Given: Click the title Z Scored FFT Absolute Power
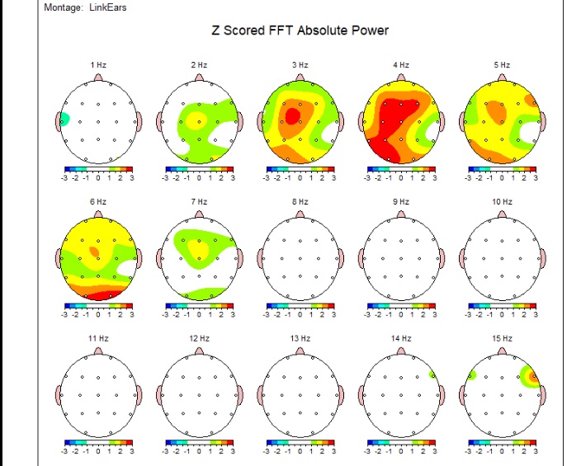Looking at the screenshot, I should click(x=300, y=31).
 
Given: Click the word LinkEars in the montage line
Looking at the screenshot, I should click(x=108, y=7).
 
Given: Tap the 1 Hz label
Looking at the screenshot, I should click(x=97, y=64).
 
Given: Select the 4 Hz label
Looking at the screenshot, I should click(x=400, y=64).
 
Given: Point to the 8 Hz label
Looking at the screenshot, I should click(x=300, y=201).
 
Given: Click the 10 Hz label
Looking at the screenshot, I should click(x=501, y=201).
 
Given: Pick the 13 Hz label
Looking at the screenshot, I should click(x=300, y=338).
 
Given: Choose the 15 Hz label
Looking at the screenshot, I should click(x=501, y=338).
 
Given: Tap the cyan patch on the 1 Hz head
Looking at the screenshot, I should click(x=64, y=120).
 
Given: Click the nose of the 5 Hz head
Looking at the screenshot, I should click(x=502, y=78).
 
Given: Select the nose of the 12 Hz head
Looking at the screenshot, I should click(x=199, y=351).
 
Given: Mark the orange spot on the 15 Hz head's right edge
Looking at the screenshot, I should click(x=533, y=379).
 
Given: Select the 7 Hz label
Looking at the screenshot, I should click(x=199, y=201).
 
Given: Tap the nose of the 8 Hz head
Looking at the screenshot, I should click(x=300, y=214).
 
